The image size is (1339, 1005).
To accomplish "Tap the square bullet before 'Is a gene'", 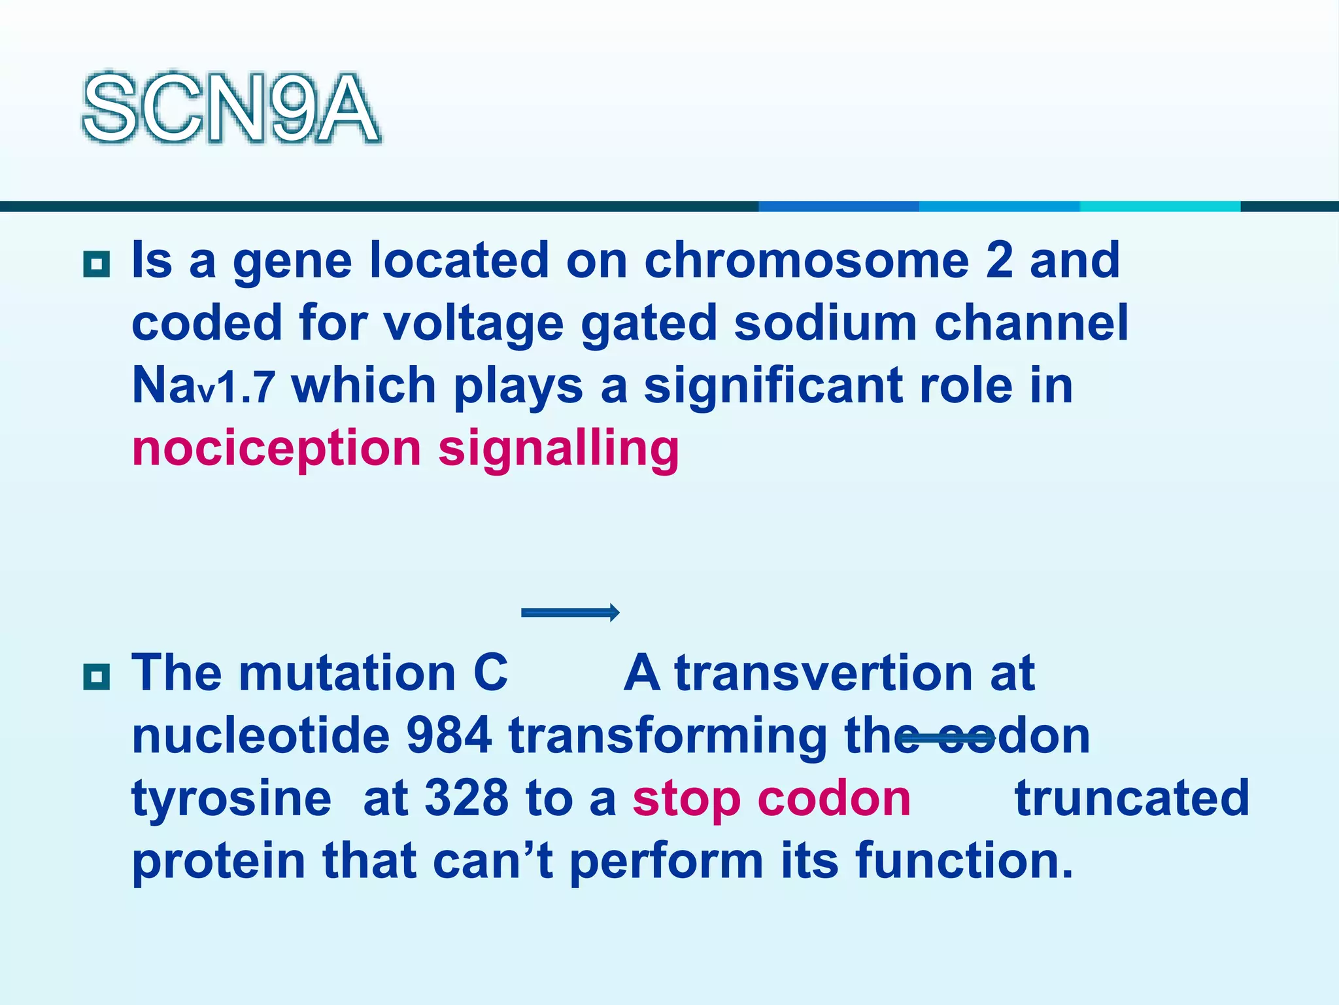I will [97, 264].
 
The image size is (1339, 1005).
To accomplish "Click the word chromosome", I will [806, 260].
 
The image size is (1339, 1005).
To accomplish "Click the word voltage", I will [473, 324].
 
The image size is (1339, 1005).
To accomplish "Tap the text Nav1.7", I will [203, 385].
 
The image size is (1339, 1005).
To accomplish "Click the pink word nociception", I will [276, 450].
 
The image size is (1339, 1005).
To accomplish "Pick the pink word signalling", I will [558, 450].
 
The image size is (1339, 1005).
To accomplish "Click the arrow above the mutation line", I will [570, 612].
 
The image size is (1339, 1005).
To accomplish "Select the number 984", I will [449, 735].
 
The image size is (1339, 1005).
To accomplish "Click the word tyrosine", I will [231, 799].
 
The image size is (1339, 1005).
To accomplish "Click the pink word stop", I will [686, 799].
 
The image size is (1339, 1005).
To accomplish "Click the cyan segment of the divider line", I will [1160, 206].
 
